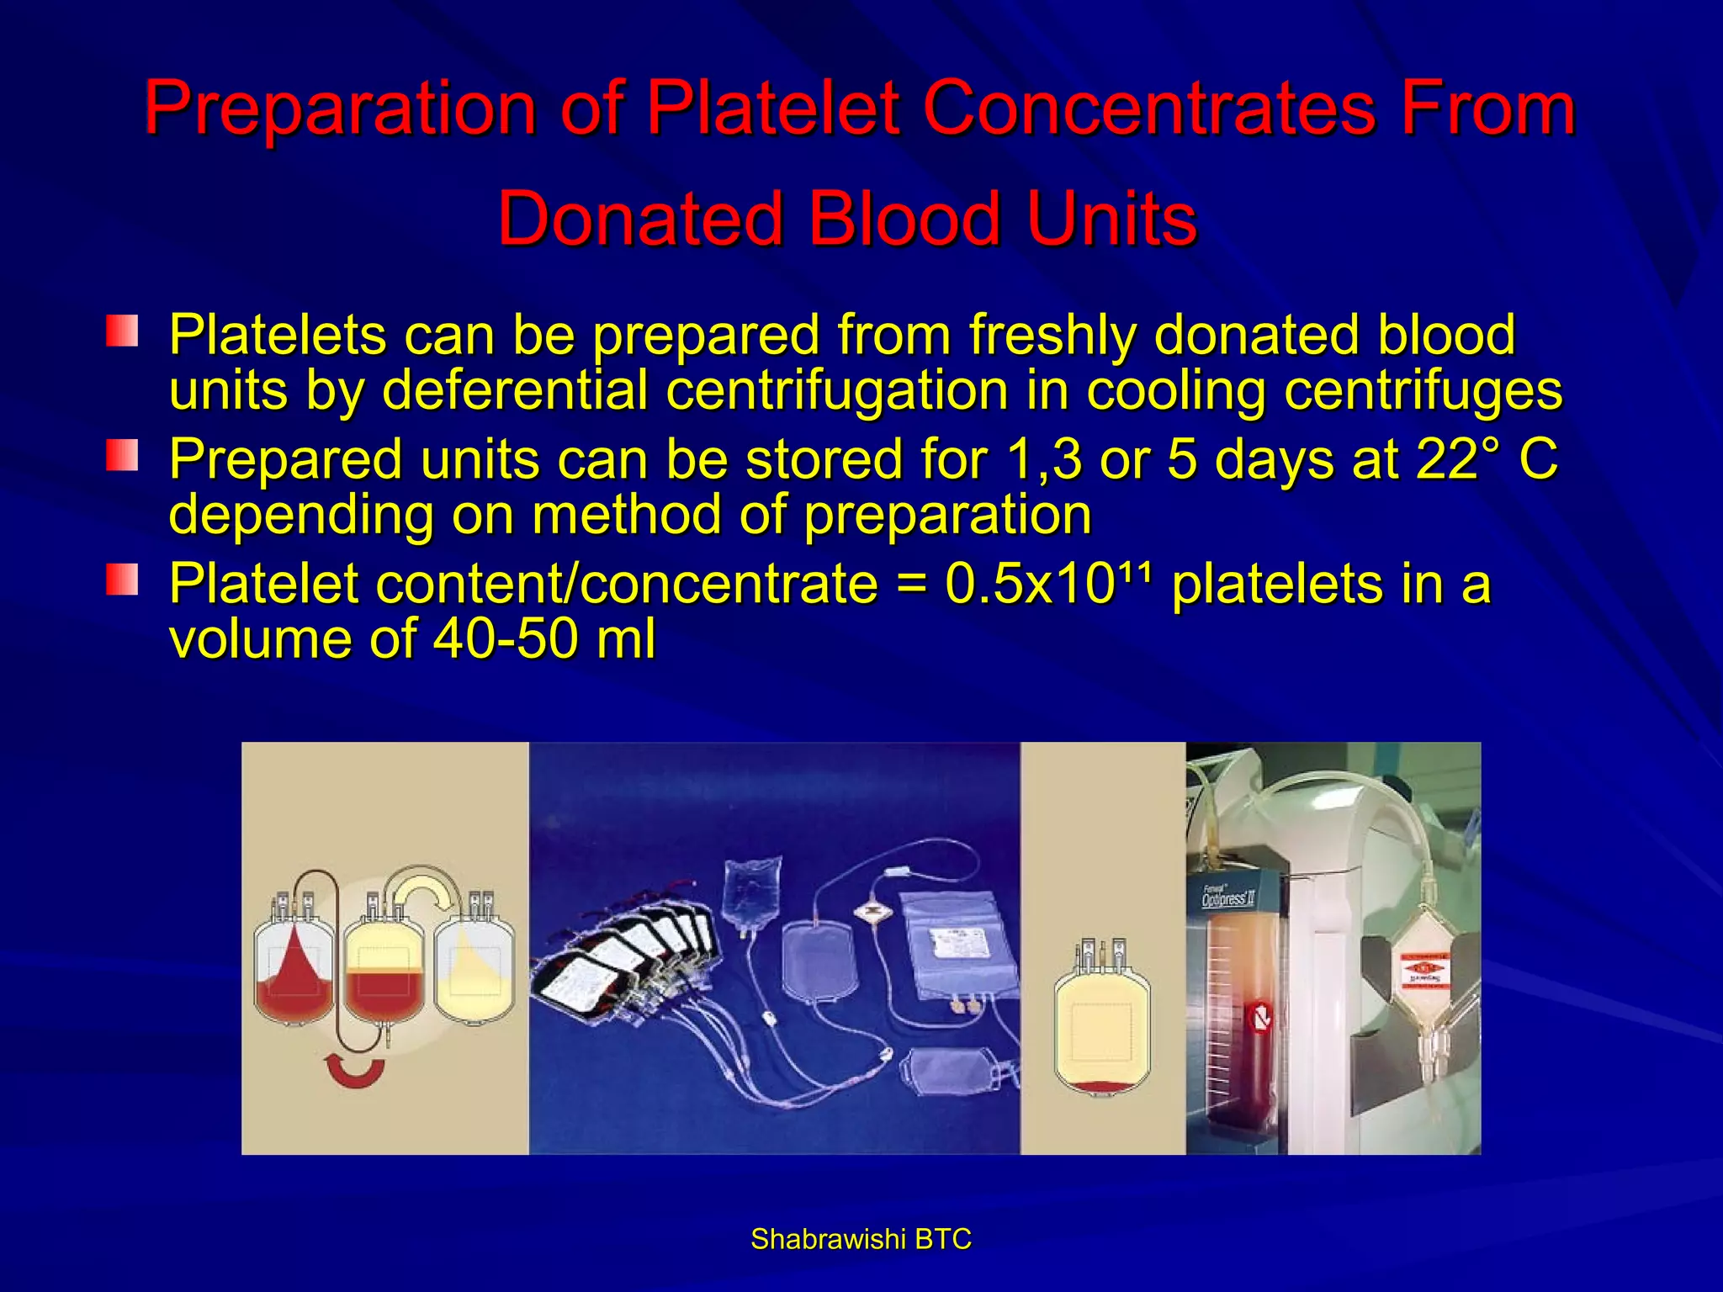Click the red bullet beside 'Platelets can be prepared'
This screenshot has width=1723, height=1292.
click(x=122, y=331)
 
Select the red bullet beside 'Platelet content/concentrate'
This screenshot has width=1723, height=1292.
click(x=122, y=580)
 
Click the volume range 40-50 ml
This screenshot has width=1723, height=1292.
click(x=544, y=638)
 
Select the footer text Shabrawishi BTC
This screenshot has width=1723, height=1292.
click(x=861, y=1239)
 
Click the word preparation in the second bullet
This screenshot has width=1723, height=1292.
click(x=948, y=515)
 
